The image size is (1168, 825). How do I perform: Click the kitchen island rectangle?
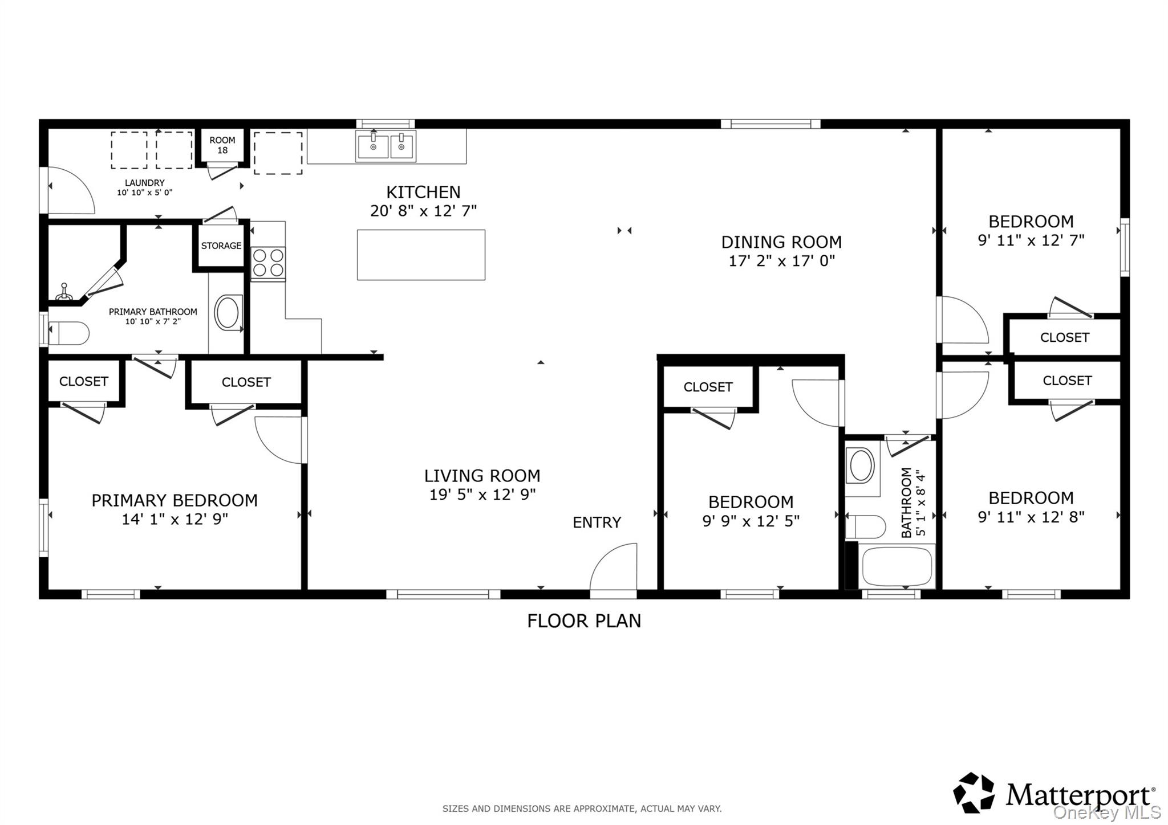[x=421, y=255]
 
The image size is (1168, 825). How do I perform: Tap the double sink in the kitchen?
[x=386, y=146]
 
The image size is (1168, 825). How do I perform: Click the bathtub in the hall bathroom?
[x=897, y=566]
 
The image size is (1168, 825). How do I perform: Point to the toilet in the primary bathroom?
[x=68, y=333]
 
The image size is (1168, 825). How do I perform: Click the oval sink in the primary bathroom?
[x=228, y=312]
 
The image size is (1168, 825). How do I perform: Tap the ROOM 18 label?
[x=222, y=145]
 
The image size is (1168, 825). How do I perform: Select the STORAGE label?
[x=221, y=246]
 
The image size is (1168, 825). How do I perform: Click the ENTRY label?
[x=597, y=522]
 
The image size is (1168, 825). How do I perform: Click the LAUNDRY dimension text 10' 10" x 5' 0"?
[x=145, y=193]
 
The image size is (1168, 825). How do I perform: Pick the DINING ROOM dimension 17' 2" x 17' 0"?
[x=782, y=261]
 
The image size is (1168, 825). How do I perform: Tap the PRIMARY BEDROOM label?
[x=175, y=500]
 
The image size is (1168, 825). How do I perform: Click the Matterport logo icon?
[x=974, y=793]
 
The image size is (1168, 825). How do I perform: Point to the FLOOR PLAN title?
[x=584, y=620]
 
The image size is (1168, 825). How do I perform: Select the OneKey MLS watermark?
[x=1106, y=812]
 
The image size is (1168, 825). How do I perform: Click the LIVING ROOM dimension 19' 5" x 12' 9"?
[x=482, y=495]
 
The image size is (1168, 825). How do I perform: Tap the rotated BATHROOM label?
[x=906, y=503]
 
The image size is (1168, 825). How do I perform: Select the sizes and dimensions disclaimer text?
[x=582, y=808]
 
